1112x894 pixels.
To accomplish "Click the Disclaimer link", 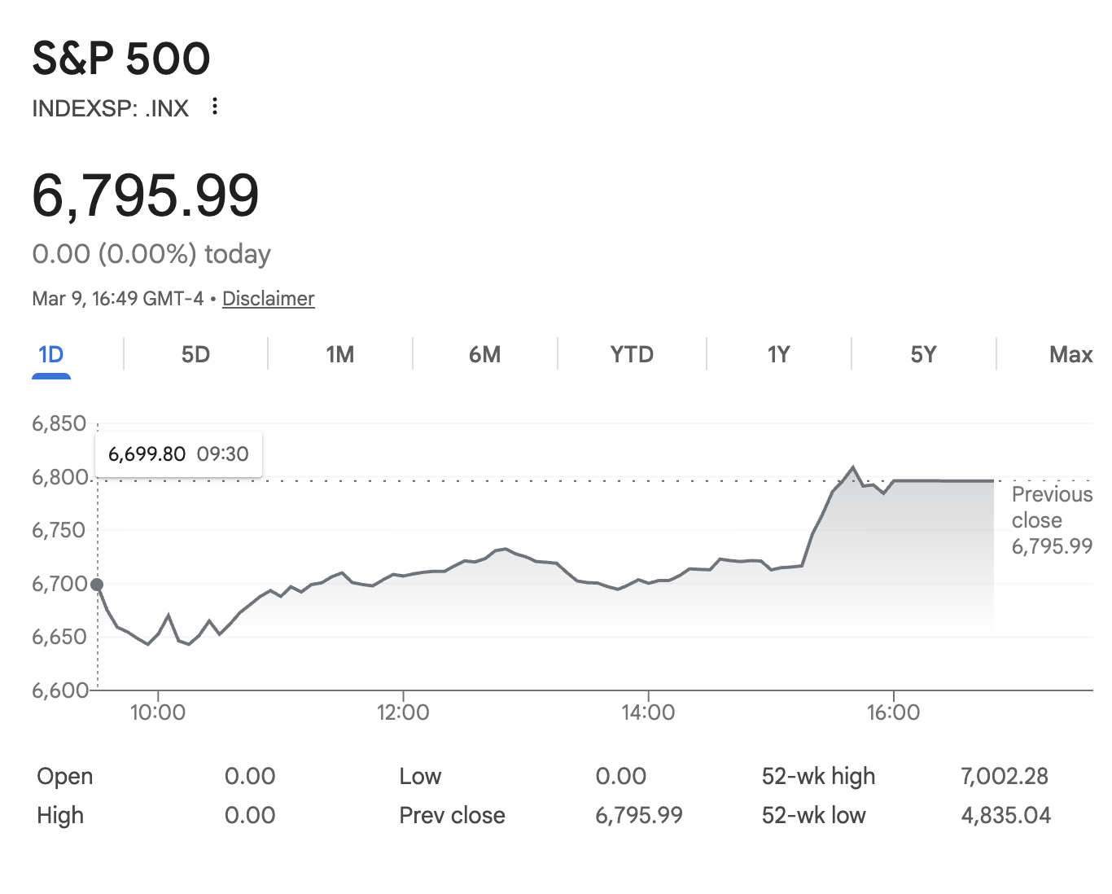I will click(x=268, y=299).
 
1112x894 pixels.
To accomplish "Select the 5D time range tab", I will click(x=195, y=355).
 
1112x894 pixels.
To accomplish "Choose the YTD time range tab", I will click(x=632, y=355).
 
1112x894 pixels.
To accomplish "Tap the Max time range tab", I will click(x=1070, y=355).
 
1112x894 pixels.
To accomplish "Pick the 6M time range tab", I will click(x=484, y=355).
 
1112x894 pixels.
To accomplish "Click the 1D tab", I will click(x=50, y=355).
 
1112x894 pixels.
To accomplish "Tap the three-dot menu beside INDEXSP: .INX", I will click(x=214, y=107).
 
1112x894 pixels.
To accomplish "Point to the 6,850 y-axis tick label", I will click(x=59, y=423).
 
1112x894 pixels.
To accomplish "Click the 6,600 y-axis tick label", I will click(x=59, y=690).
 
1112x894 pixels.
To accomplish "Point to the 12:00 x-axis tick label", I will click(x=403, y=713).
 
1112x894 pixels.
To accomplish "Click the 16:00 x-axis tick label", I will click(x=893, y=713).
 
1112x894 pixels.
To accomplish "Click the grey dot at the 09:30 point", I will click(x=97, y=585).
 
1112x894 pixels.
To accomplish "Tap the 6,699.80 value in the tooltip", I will click(x=147, y=454).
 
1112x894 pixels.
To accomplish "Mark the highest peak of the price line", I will click(x=853, y=467).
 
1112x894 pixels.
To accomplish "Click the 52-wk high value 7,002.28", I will click(x=1005, y=776).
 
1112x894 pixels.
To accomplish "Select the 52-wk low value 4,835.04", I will click(x=1006, y=815).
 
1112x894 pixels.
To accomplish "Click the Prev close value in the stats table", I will click(x=639, y=815).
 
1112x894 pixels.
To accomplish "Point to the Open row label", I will click(x=65, y=776).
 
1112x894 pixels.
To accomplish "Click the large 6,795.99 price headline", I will click(x=146, y=196).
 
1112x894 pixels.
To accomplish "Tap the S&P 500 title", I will click(x=121, y=59).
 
